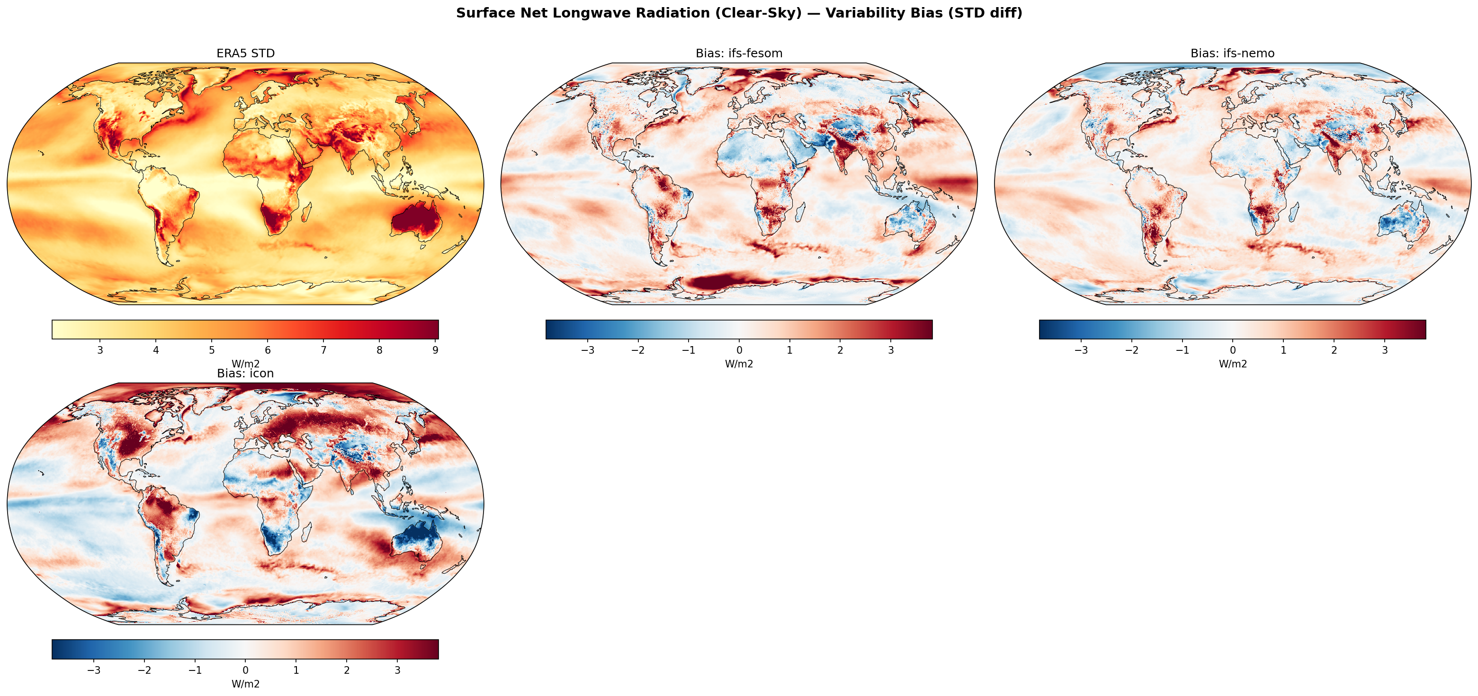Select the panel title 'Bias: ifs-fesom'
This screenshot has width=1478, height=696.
click(738, 54)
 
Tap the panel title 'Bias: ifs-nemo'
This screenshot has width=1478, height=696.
click(1232, 54)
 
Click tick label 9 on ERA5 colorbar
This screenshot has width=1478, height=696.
click(436, 350)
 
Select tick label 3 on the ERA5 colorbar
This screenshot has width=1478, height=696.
click(100, 350)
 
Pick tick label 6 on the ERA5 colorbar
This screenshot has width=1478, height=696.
click(268, 350)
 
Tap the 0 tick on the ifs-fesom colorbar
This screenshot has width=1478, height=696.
click(739, 350)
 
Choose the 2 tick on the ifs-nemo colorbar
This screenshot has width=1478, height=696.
click(1334, 350)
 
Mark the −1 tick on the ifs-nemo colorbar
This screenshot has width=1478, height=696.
click(1182, 350)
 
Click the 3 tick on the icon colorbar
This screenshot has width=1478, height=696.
click(397, 670)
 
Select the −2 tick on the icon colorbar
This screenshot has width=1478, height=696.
click(144, 670)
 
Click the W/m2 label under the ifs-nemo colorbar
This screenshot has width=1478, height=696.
click(1232, 364)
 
